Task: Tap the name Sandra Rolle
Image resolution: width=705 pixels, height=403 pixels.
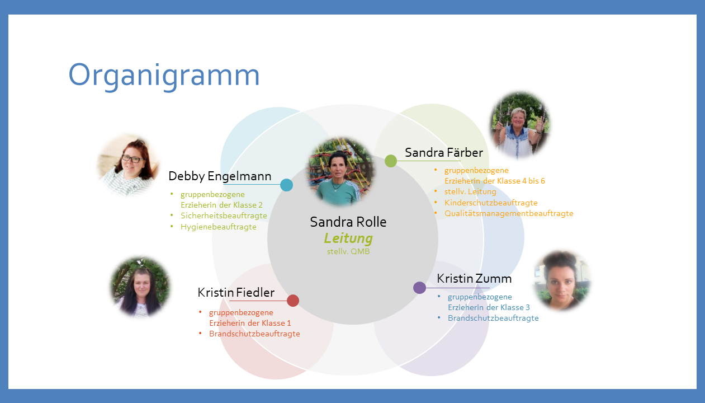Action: [348, 222]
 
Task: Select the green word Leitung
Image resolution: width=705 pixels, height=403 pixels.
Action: [348, 238]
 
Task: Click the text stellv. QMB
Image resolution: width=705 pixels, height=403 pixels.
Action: [348, 251]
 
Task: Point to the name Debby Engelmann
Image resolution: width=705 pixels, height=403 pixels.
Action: [220, 176]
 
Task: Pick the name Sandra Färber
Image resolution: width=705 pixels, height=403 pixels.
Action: [444, 152]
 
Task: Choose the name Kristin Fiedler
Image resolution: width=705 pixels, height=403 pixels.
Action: [236, 292]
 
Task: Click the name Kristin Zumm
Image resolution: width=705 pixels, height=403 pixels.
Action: [474, 279]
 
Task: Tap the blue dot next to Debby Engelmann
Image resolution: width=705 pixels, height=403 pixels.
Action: [286, 185]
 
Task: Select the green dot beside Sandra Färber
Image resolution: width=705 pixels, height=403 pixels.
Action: [391, 161]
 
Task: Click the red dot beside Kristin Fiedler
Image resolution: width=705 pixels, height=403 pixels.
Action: [293, 301]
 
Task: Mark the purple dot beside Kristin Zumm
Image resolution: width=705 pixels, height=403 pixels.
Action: [419, 288]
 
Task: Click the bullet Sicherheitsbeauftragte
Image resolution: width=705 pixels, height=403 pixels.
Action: [224, 216]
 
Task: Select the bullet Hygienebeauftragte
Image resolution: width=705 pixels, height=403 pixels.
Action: [219, 227]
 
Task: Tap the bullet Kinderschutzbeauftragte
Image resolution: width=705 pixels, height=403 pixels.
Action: [491, 203]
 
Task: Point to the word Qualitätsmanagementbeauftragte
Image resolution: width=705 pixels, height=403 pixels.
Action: [509, 214]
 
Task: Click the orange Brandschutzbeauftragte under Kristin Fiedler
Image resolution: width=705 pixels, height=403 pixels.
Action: [254, 334]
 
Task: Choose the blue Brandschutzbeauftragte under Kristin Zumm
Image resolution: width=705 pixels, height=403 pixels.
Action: [493, 318]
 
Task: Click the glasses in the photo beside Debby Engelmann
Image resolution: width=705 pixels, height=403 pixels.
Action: [133, 159]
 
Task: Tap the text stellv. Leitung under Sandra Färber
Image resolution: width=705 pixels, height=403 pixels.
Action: [470, 191]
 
